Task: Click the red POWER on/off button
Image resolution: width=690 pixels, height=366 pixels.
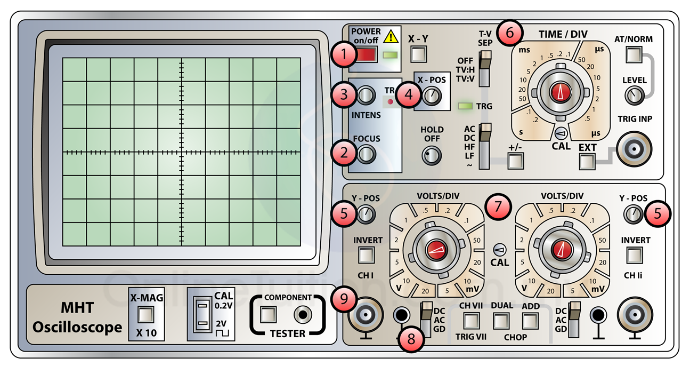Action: click(366, 54)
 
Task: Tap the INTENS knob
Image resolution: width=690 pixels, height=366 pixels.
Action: click(366, 96)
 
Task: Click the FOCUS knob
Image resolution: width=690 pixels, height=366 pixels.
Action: click(366, 154)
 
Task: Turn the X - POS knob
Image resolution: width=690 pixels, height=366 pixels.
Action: click(433, 96)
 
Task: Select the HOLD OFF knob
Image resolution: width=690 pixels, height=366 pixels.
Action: click(432, 155)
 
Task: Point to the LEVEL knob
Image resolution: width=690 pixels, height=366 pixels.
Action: click(634, 96)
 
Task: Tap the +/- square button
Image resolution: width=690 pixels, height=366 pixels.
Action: click(515, 160)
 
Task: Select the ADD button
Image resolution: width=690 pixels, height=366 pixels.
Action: click(530, 320)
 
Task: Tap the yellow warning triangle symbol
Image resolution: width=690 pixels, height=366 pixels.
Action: click(392, 36)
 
